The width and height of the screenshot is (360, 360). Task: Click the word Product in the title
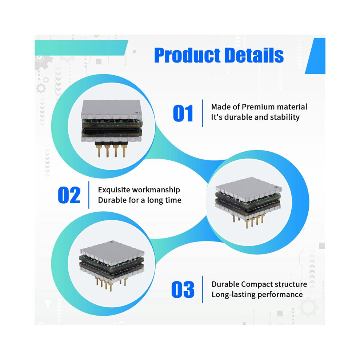188,55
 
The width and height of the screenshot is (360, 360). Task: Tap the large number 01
183,113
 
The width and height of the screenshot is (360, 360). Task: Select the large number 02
69,195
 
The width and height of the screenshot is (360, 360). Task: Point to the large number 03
183,289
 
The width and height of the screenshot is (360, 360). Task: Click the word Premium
258,107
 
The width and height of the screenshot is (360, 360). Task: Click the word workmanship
157,190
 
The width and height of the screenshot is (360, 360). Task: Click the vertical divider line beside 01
203,113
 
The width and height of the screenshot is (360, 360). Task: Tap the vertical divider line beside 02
89,195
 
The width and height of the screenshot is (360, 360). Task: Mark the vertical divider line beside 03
203,289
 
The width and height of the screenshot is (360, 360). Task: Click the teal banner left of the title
81,48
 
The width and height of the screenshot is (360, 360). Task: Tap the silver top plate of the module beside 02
249,187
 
